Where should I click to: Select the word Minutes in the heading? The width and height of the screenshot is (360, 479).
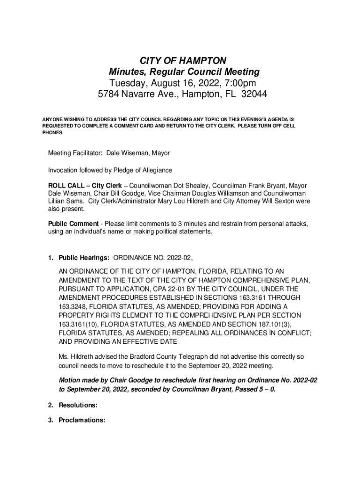pyautogui.click(x=126, y=72)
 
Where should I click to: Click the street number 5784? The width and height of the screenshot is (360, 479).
pyautogui.click(x=109, y=94)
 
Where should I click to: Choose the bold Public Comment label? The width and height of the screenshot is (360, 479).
pyautogui.click(x=73, y=224)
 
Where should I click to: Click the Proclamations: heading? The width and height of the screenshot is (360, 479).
pyautogui.click(x=82, y=420)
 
